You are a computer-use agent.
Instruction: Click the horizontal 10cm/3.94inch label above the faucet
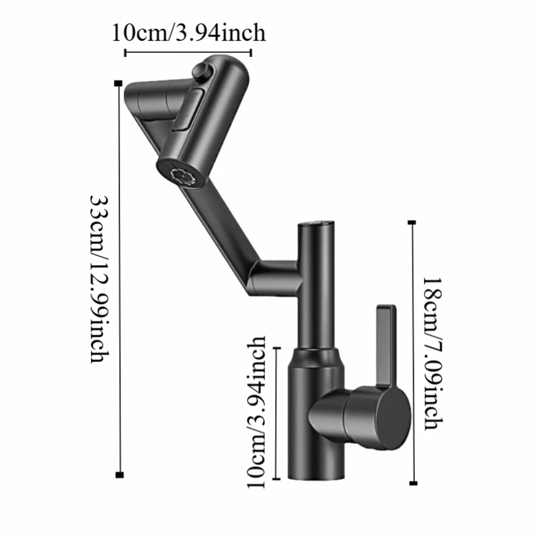coord(188,33)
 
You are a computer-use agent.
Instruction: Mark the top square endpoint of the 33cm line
coord(118,83)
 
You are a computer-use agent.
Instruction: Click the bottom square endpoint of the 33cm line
coord(119,474)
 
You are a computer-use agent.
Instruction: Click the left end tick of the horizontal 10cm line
coord(125,53)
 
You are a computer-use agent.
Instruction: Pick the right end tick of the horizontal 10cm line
coord(251,53)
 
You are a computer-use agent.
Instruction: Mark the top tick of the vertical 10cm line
coord(277,348)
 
